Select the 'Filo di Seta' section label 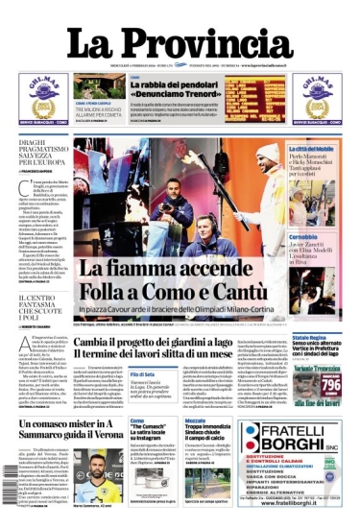pos(142,373)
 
